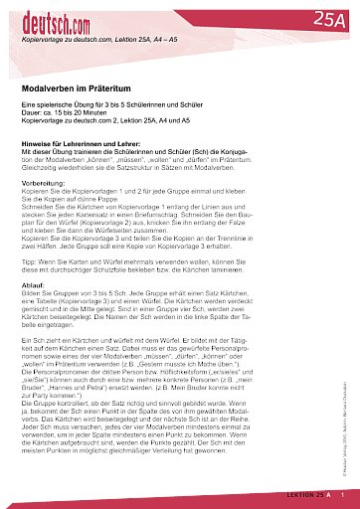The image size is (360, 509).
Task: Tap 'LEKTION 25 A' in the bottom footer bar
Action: (x=307, y=494)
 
